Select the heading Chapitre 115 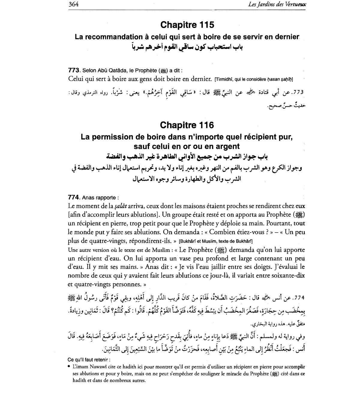(x=187, y=25)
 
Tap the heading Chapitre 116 (x=187, y=125)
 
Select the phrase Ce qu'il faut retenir (x=89, y=360)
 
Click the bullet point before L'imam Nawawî (x=69, y=367)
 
